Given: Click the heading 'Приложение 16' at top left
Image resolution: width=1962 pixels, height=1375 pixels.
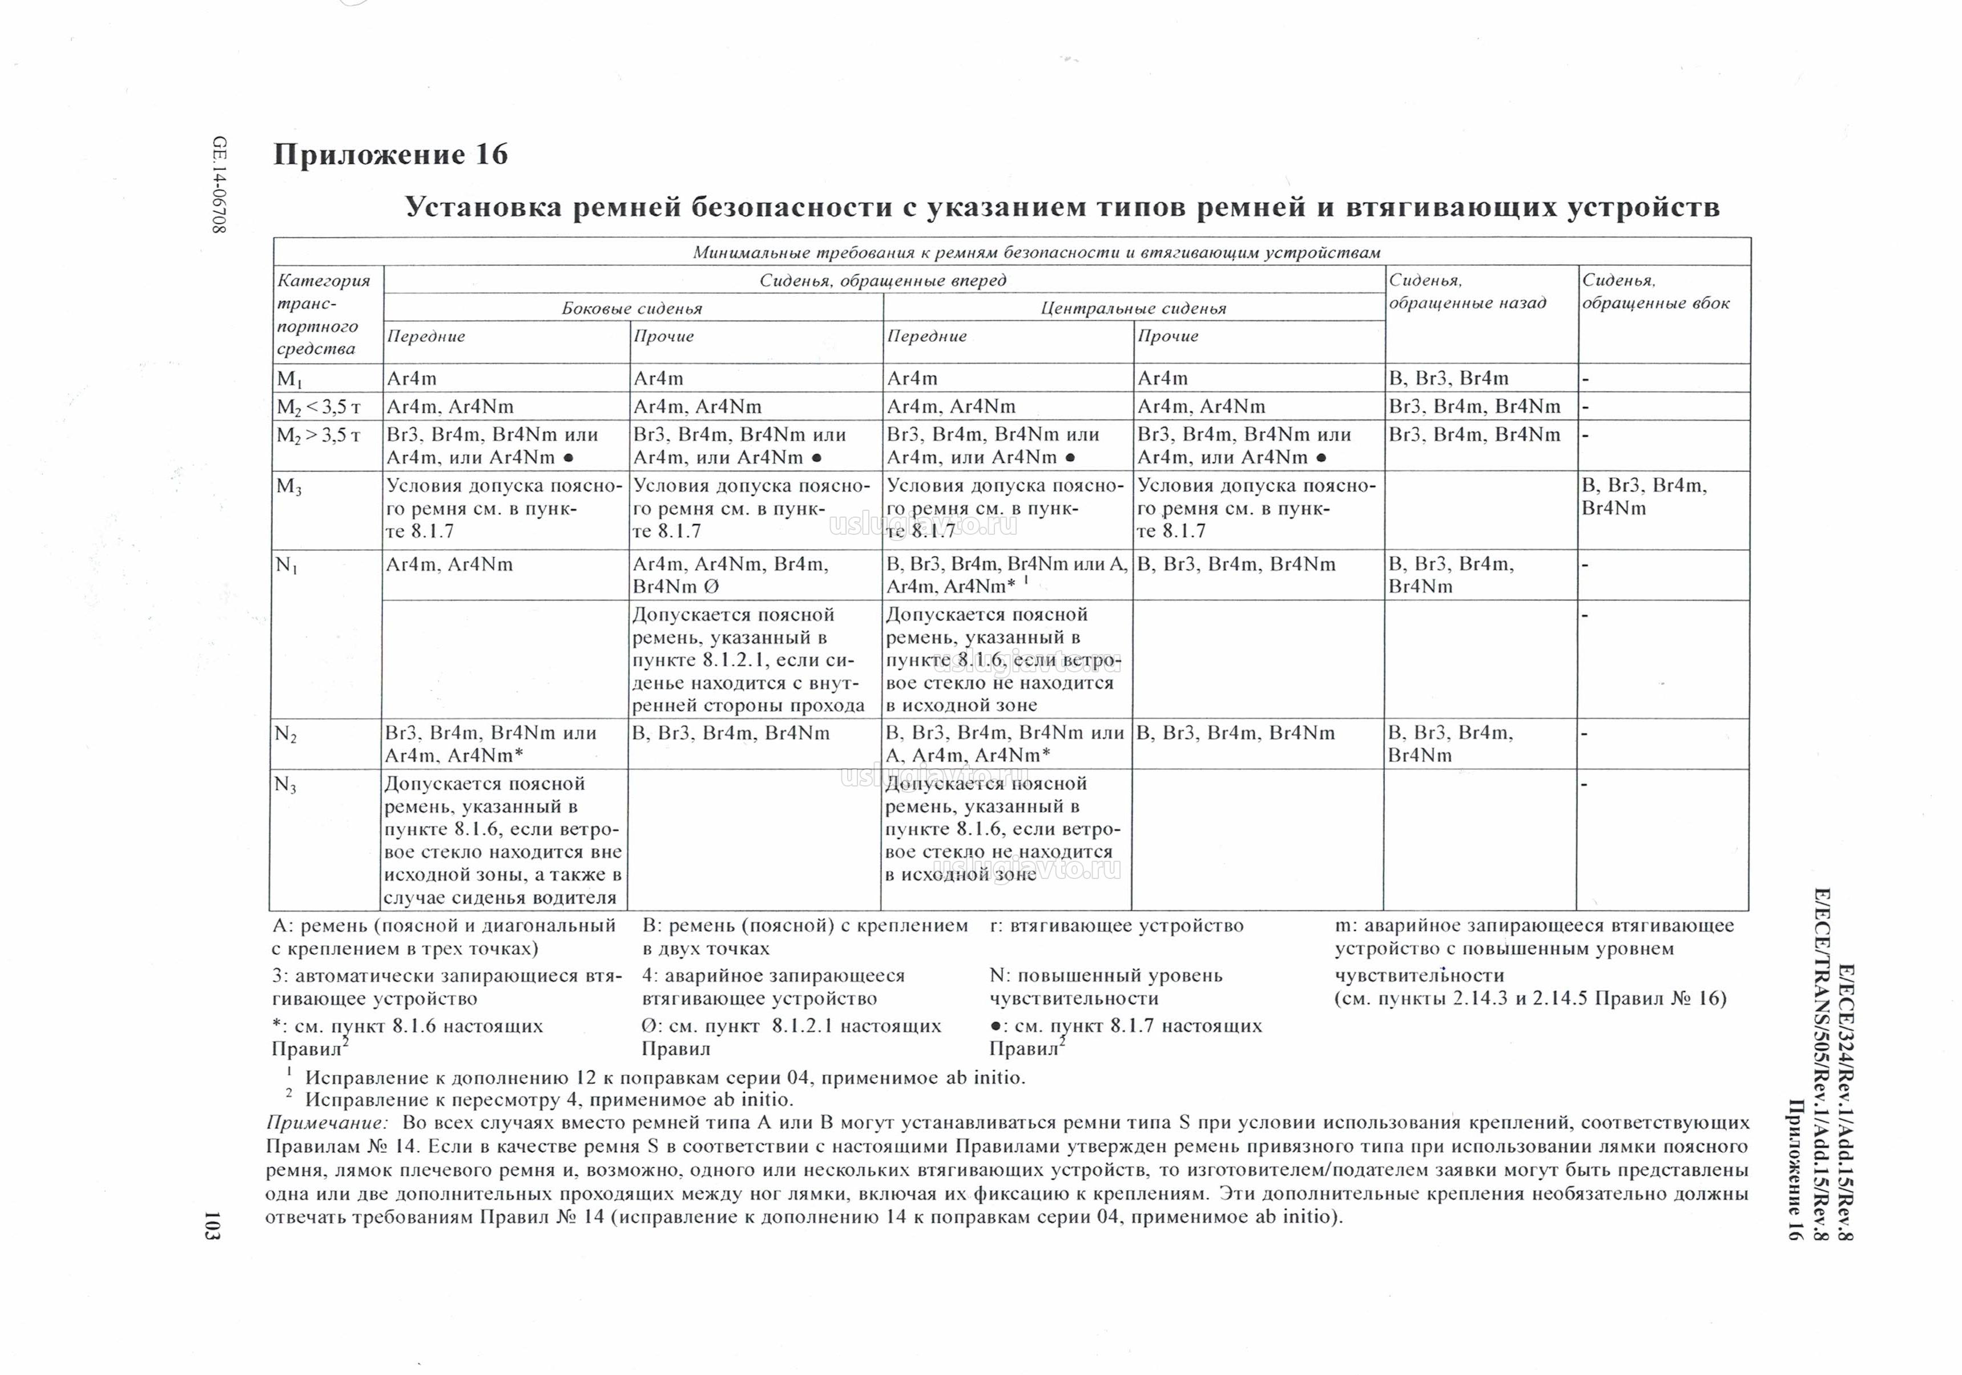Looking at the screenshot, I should coord(390,155).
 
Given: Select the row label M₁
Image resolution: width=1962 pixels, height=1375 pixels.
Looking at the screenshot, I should coord(289,378).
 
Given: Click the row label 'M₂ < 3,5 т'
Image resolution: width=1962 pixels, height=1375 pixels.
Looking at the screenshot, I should coord(318,407).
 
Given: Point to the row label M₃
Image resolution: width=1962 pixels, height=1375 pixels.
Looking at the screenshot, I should coord(289,487).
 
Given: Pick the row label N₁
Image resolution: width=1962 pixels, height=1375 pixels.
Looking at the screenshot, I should coord(286,565).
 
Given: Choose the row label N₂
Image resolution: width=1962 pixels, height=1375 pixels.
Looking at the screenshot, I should coord(285,734).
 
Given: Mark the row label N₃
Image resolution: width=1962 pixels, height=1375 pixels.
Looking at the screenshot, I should coord(285,784).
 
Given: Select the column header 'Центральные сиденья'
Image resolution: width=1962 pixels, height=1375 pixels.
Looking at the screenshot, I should coord(1133,308).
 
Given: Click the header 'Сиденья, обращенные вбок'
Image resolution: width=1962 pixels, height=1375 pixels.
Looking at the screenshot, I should coord(1655,292).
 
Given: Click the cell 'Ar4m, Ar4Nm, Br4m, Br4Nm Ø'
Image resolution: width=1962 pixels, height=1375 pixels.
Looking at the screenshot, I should coord(731,575).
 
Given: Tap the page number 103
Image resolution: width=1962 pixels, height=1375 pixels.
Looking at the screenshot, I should coord(213,1224).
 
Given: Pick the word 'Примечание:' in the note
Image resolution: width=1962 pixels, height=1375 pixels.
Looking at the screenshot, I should coord(327,1123).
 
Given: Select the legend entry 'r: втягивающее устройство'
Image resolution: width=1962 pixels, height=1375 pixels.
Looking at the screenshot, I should coord(1116,925).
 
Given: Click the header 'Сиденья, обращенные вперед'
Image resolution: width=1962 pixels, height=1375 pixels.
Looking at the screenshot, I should coord(883,280).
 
